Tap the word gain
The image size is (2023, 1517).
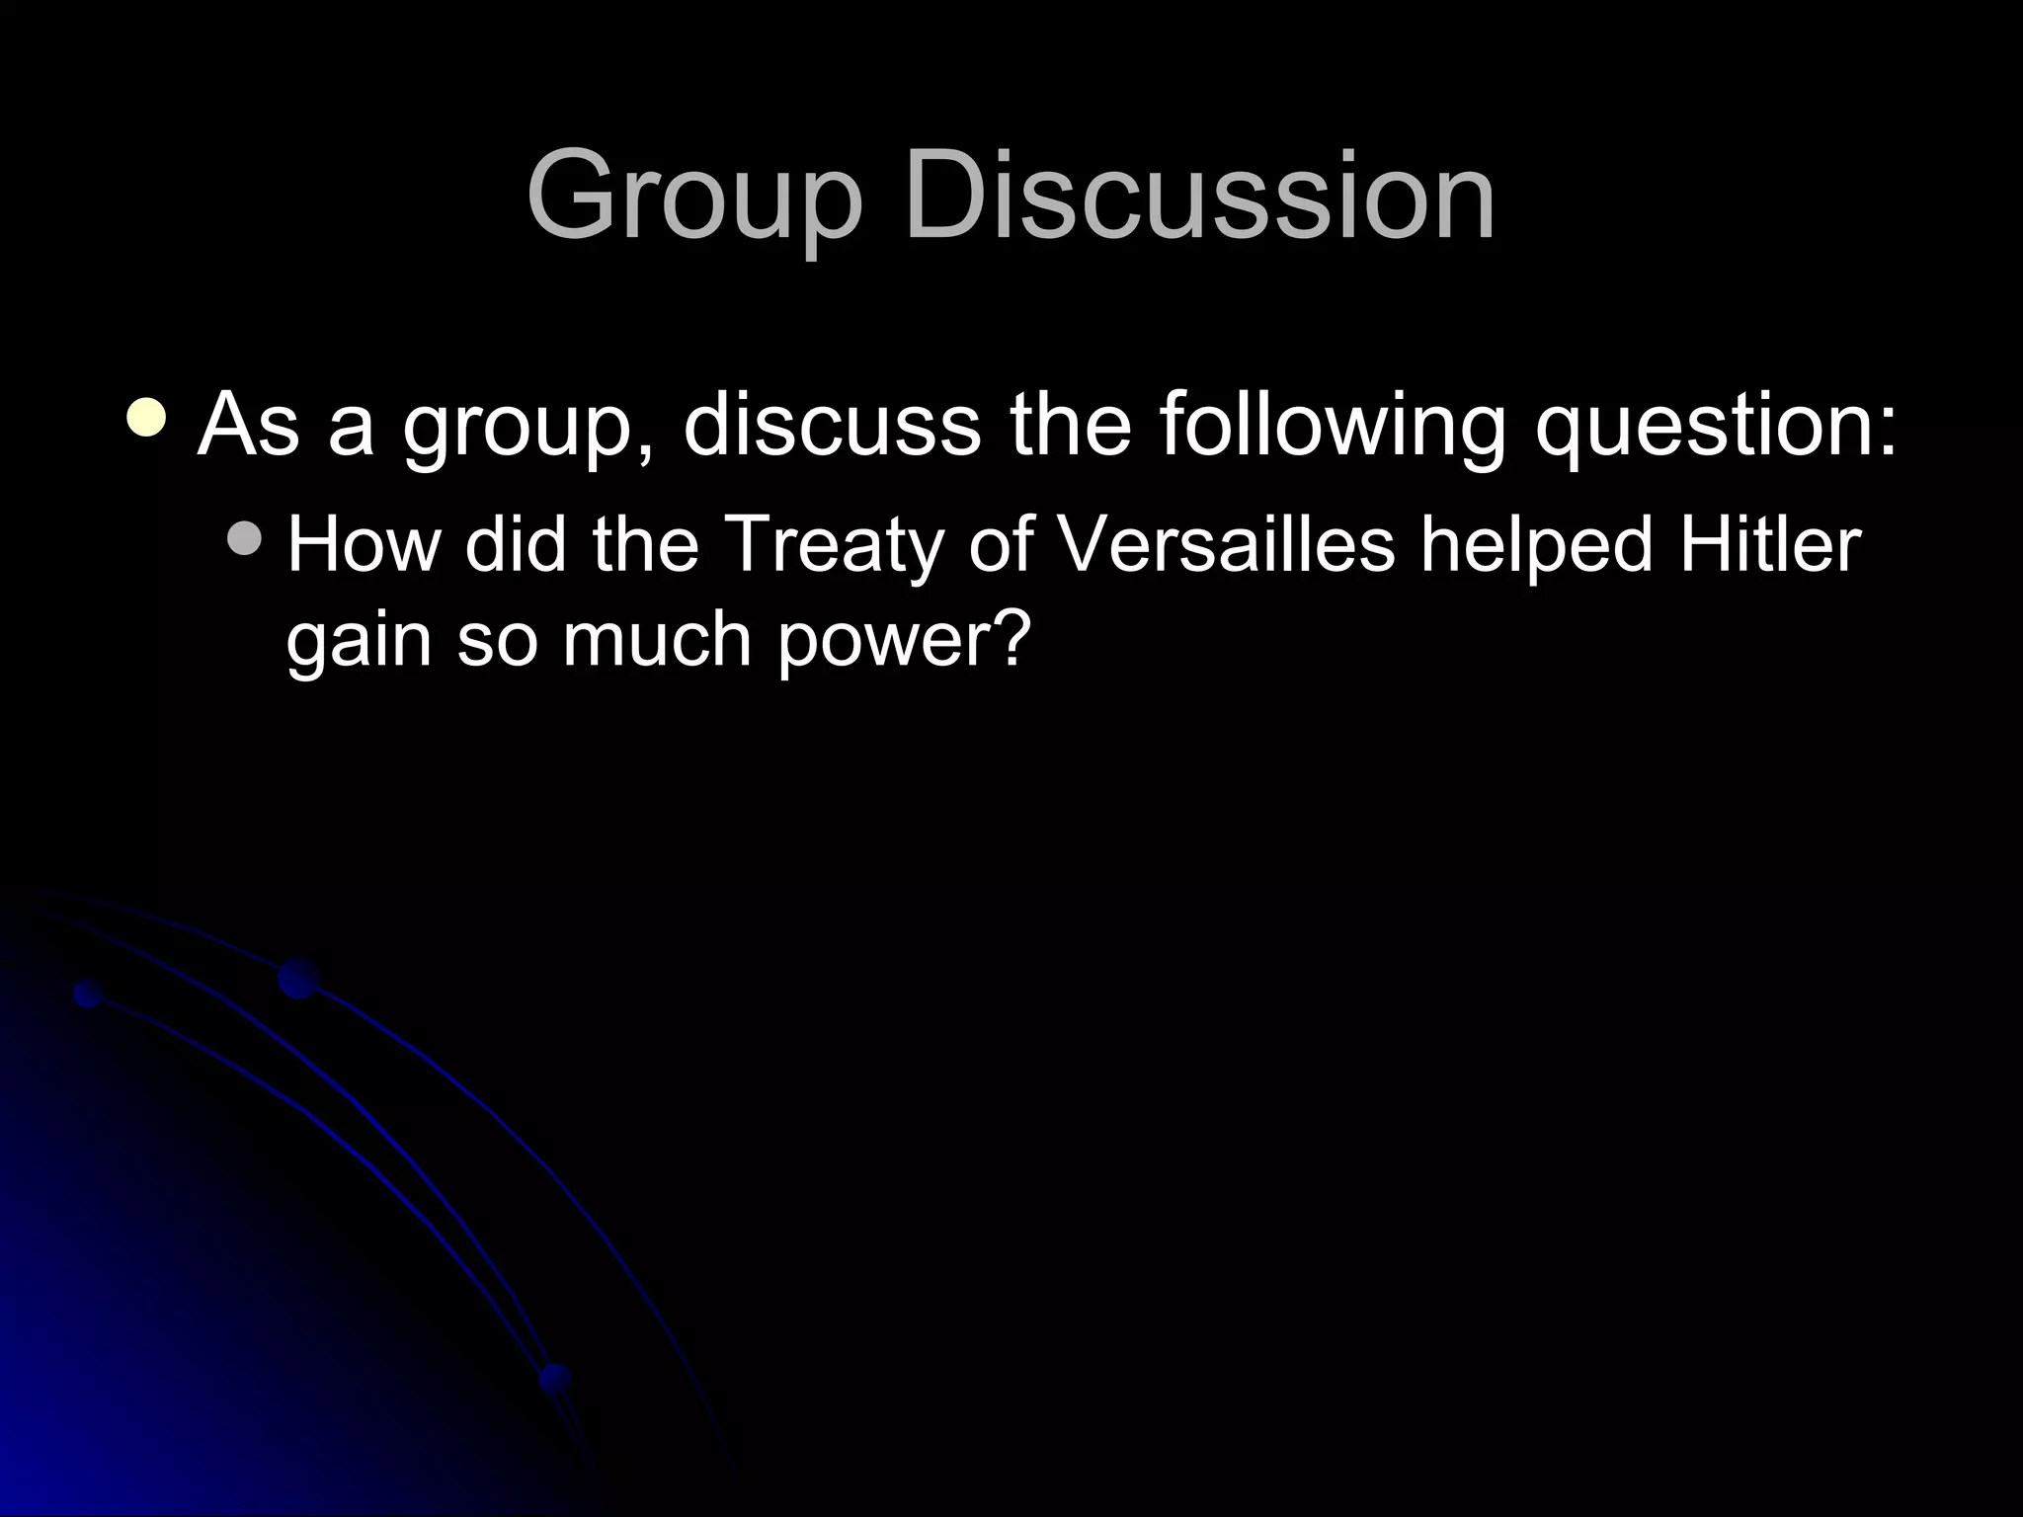[359, 642]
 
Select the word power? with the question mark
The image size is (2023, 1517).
[904, 642]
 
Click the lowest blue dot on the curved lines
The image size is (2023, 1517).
[555, 1377]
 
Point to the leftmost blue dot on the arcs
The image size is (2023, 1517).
[89, 994]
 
